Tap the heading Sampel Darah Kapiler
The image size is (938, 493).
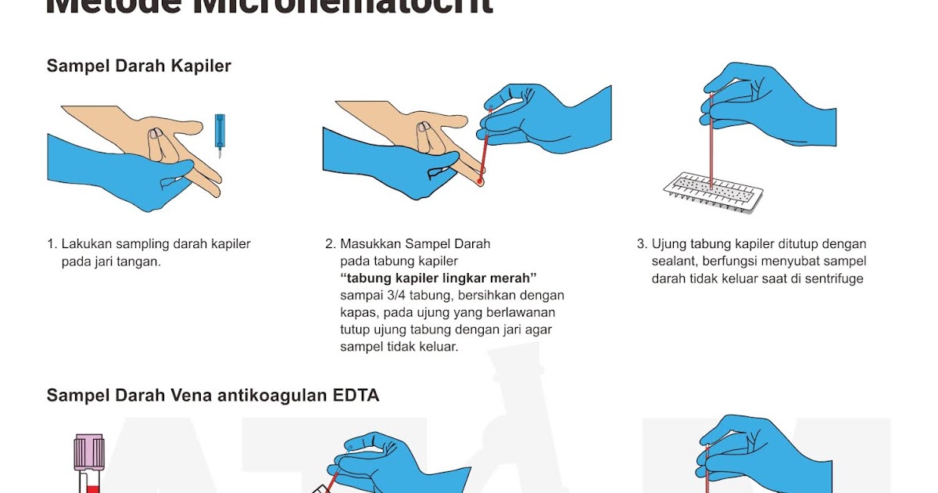[138, 66]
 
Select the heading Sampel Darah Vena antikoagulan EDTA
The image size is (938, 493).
[213, 395]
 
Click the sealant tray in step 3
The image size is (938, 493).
[713, 193]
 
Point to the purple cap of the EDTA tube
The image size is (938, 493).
[89, 453]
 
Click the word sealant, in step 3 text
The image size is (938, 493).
[675, 261]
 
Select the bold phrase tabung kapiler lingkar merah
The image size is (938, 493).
[439, 279]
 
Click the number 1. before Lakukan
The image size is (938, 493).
[52, 244]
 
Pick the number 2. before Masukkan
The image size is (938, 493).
[330, 244]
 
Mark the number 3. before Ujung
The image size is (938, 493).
[642, 244]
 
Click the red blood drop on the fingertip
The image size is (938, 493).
[478, 182]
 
